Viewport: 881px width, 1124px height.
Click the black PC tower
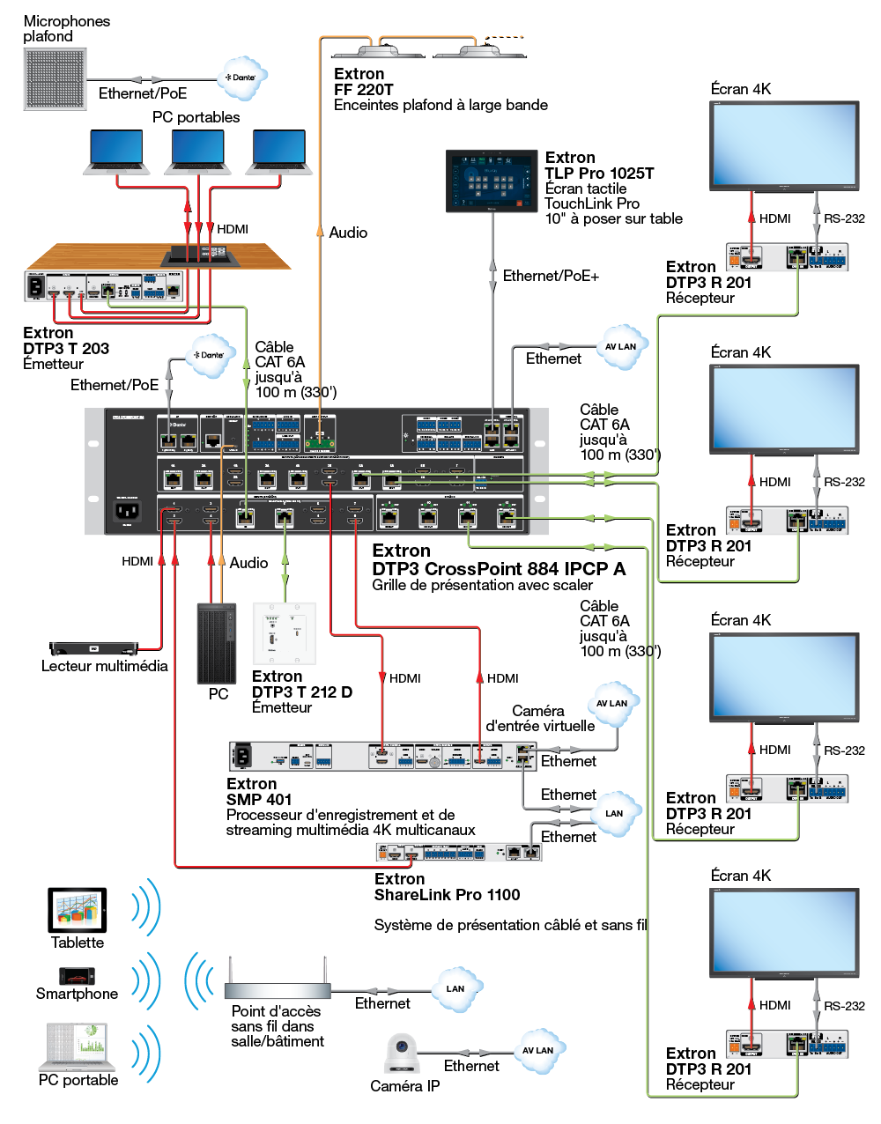216,643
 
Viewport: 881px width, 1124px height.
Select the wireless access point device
277,988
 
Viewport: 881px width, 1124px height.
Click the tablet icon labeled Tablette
77,910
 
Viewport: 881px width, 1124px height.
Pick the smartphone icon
76,976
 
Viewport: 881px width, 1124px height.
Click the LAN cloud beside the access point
455,988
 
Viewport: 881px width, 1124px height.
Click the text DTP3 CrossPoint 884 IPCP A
499,569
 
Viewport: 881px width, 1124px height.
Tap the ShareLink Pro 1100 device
458,852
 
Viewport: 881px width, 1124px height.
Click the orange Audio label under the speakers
347,233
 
